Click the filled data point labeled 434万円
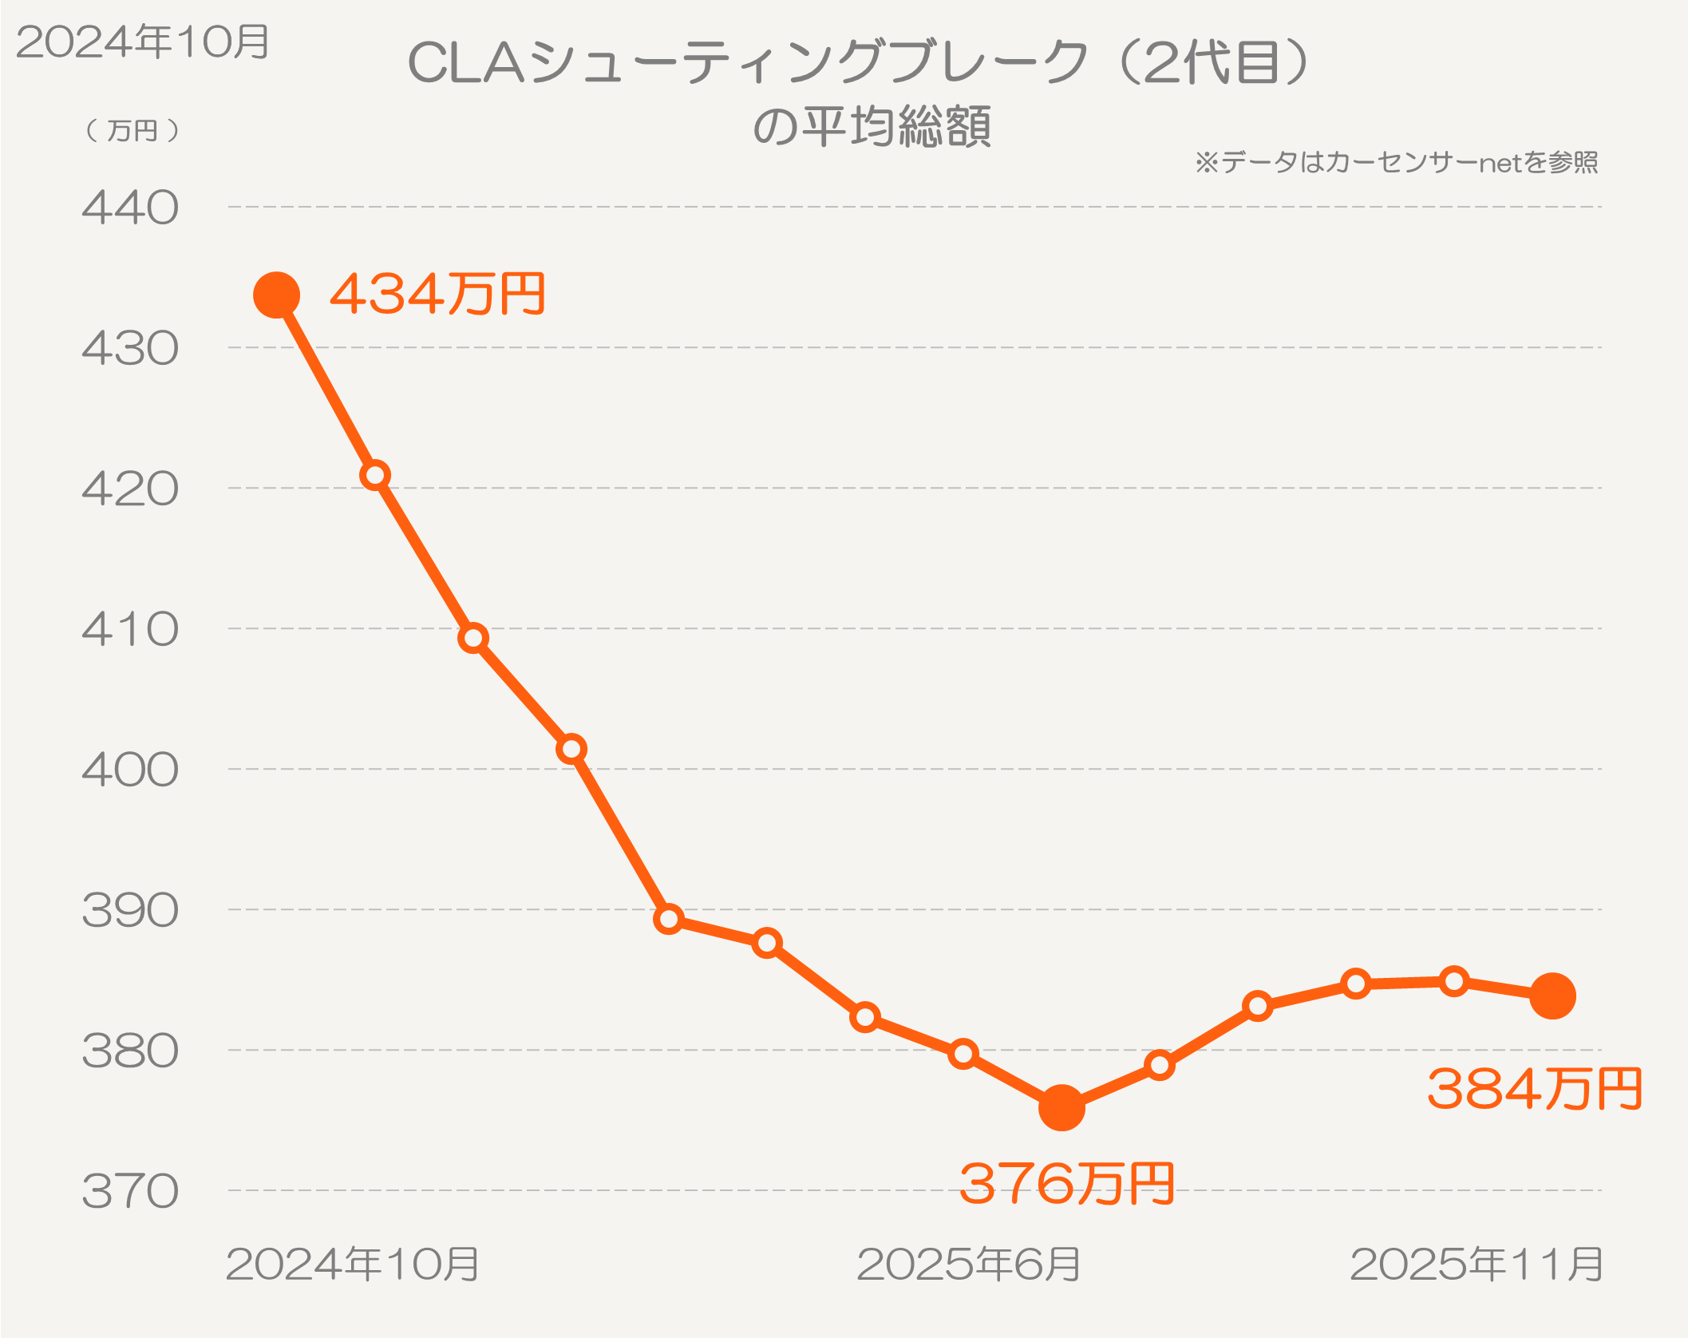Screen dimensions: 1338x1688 point(276,295)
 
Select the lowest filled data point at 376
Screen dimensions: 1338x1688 point(1061,1108)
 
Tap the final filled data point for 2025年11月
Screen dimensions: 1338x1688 point(1552,996)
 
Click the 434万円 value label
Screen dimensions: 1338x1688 point(437,294)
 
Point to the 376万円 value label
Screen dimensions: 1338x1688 point(1066,1183)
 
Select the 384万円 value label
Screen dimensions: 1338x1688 point(1534,1089)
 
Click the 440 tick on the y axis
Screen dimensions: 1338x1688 point(130,208)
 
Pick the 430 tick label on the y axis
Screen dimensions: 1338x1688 point(130,349)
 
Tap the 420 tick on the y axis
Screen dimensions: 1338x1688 point(130,489)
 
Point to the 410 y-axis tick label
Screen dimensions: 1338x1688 point(130,630)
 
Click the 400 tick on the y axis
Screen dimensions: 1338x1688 point(130,770)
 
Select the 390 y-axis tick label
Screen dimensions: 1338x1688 point(130,911)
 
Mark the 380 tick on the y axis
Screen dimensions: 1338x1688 point(130,1051)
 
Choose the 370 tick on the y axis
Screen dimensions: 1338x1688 point(130,1192)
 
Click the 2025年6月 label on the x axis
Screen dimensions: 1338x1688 point(968,1265)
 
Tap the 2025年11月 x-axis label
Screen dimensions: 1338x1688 point(1477,1265)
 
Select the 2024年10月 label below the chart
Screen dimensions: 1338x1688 point(352,1265)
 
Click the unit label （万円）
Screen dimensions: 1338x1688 point(132,130)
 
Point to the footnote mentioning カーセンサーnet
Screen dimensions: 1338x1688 point(1397,163)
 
